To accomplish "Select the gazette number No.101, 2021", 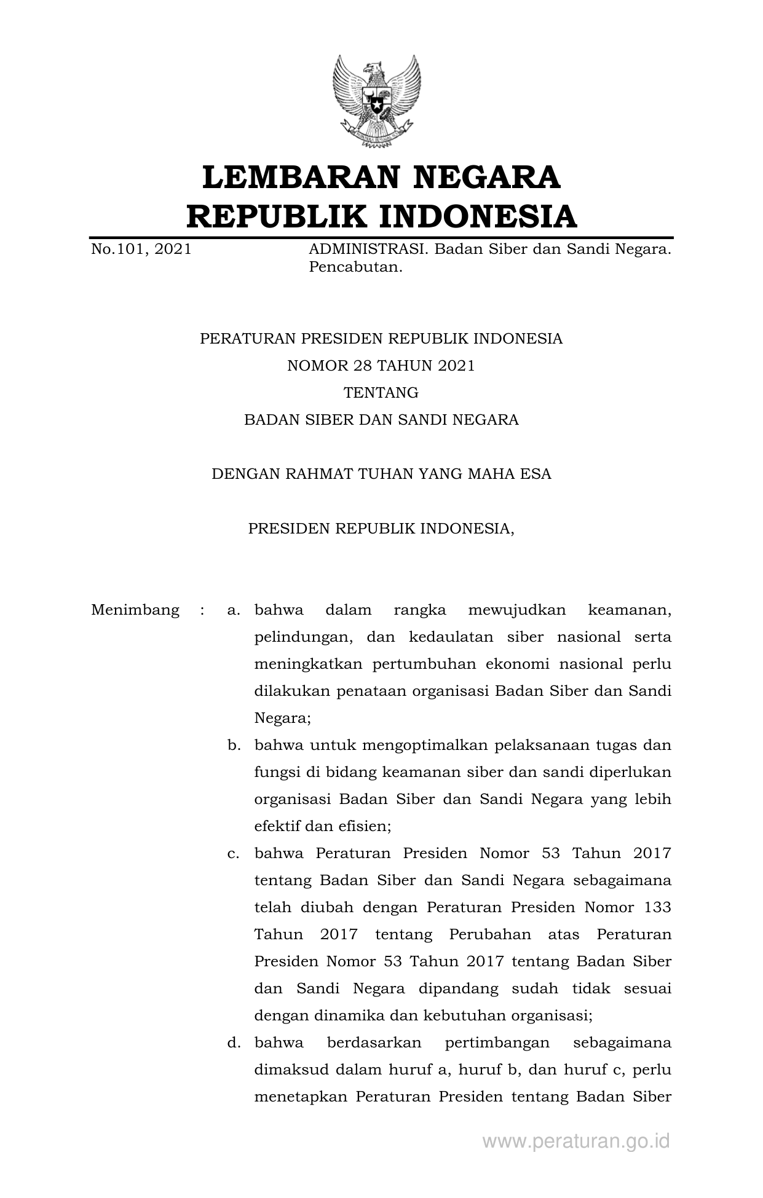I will (x=141, y=249).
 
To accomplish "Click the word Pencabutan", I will (x=355, y=267).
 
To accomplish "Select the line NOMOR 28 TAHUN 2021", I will (x=381, y=366).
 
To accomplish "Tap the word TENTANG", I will (x=381, y=393).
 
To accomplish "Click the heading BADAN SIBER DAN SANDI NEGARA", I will (x=381, y=420).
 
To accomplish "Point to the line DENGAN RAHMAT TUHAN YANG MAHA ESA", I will (x=381, y=474).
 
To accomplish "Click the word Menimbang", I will (x=135, y=610).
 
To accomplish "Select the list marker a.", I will (x=233, y=610).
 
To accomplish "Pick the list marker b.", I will (x=233, y=746).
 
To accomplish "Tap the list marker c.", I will (x=233, y=854).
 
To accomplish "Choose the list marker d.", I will (x=233, y=1043).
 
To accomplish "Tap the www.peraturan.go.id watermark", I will (x=575, y=1141).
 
